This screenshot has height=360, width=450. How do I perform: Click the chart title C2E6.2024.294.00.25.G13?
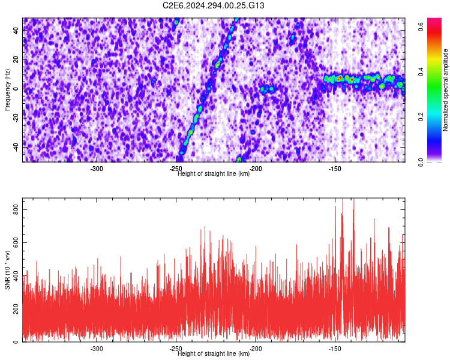214,5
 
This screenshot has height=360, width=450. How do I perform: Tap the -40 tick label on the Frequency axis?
16,148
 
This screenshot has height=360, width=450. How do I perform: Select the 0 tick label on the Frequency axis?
16,89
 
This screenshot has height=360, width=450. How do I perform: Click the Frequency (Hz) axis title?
7,89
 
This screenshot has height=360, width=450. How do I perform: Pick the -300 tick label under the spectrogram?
97,169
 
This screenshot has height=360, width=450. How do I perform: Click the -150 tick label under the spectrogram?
335,169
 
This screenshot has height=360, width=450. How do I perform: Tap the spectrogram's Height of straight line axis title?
214,173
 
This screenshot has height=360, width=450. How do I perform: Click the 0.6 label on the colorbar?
421,26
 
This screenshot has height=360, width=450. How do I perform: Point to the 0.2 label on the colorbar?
421,117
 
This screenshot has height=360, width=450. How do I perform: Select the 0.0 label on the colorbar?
421,162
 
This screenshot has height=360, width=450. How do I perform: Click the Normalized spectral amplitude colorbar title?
445,90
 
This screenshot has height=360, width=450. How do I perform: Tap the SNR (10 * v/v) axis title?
7,270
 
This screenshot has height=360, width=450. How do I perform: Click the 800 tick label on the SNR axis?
16,209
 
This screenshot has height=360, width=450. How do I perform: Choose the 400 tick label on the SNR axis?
16,275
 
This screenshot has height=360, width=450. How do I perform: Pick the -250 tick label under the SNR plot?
176,349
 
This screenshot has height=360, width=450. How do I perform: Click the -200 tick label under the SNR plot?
256,349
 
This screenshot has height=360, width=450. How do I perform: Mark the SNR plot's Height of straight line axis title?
214,353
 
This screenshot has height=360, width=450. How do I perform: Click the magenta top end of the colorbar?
434,20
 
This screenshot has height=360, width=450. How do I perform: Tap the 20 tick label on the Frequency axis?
16,60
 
